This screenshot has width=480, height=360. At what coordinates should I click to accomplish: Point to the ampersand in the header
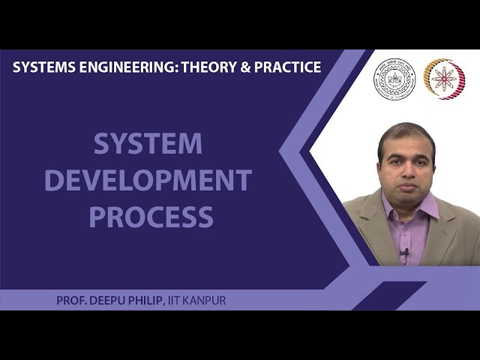pos(247,67)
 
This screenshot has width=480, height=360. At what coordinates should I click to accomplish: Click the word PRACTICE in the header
pos(289,67)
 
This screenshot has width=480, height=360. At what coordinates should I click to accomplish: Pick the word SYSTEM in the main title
pos(148,143)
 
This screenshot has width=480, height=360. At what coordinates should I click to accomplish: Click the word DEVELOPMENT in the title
pos(148,181)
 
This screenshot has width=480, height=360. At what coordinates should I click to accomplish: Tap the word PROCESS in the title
pos(151,217)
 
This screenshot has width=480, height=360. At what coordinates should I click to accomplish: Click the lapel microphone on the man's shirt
pos(406,253)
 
